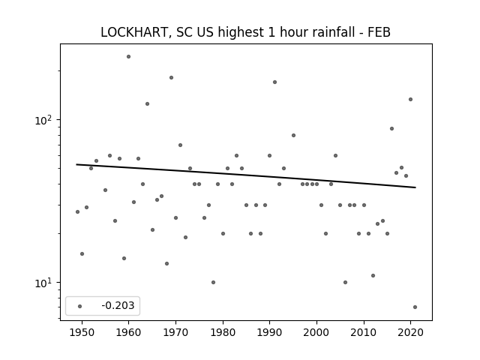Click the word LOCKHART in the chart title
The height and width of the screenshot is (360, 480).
click(134, 32)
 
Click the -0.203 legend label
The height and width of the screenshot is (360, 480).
click(118, 305)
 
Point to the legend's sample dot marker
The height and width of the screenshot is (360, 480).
click(80, 306)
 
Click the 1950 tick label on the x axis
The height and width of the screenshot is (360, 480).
click(82, 332)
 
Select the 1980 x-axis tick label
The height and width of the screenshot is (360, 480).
click(223, 332)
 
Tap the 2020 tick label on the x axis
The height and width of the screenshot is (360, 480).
click(410, 332)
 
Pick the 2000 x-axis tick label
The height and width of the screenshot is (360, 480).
click(316, 332)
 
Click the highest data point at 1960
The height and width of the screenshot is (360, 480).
click(128, 57)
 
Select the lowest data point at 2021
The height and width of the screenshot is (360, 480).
click(415, 307)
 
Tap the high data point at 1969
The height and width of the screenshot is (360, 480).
click(171, 78)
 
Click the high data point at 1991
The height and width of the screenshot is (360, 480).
click(274, 82)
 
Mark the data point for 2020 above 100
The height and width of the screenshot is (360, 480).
click(410, 100)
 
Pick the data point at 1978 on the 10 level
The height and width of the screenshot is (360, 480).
click(213, 282)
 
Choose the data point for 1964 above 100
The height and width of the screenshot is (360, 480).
click(147, 103)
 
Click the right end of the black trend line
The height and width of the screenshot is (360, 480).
click(415, 187)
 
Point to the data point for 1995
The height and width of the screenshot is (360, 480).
click(293, 135)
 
